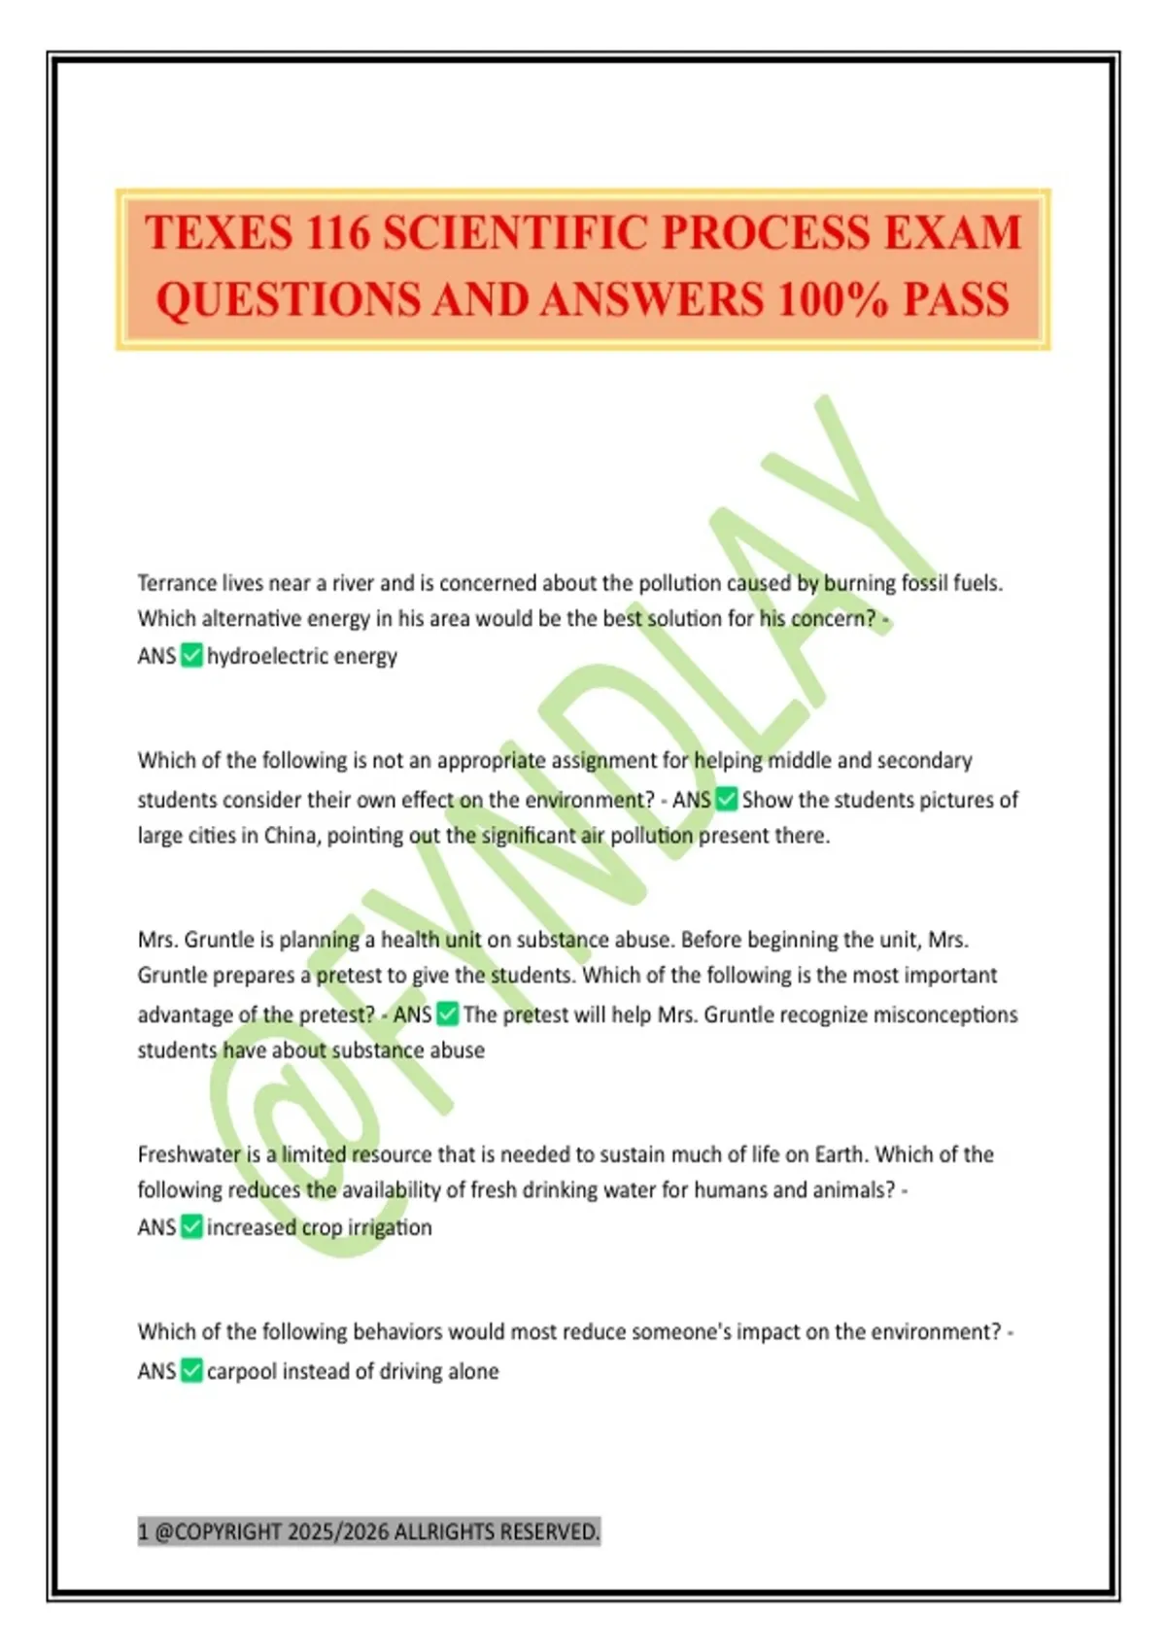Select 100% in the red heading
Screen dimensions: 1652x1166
point(833,299)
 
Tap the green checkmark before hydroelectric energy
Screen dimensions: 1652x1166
point(191,656)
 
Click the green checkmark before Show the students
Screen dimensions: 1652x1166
point(727,800)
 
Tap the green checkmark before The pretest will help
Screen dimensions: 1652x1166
point(448,1015)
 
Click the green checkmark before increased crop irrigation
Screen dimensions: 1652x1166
point(191,1227)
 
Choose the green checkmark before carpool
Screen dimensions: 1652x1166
point(191,1371)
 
